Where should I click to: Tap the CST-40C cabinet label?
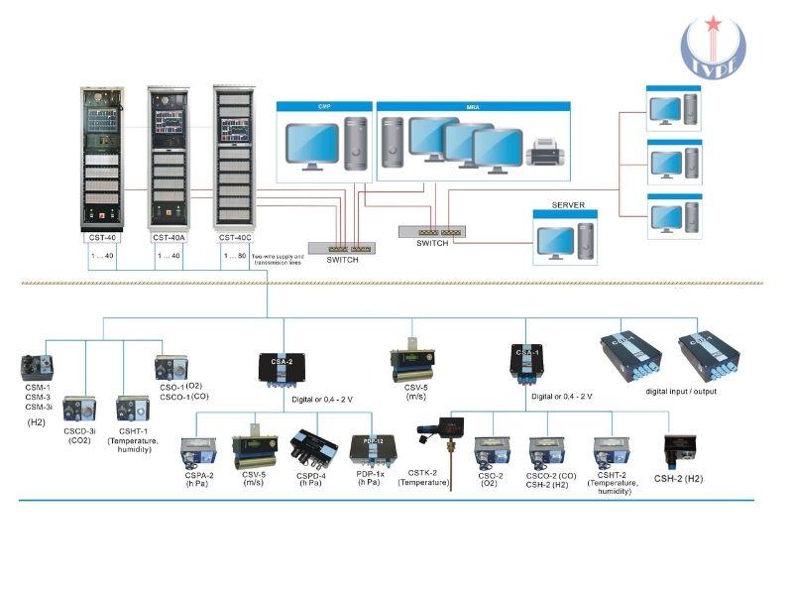coord(232,238)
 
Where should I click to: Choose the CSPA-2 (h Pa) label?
coord(200,480)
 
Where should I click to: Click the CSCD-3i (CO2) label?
coord(80,437)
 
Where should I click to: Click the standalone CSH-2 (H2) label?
coord(679,478)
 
